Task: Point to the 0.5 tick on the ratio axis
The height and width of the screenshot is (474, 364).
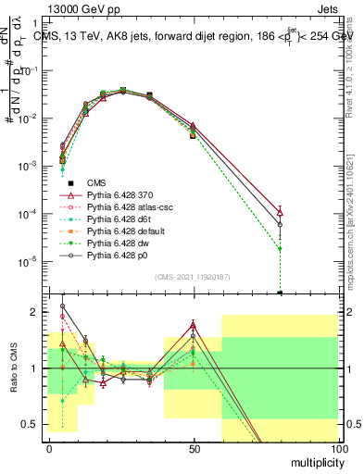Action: point(31,424)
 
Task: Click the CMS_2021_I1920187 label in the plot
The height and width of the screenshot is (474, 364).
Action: point(192,277)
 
